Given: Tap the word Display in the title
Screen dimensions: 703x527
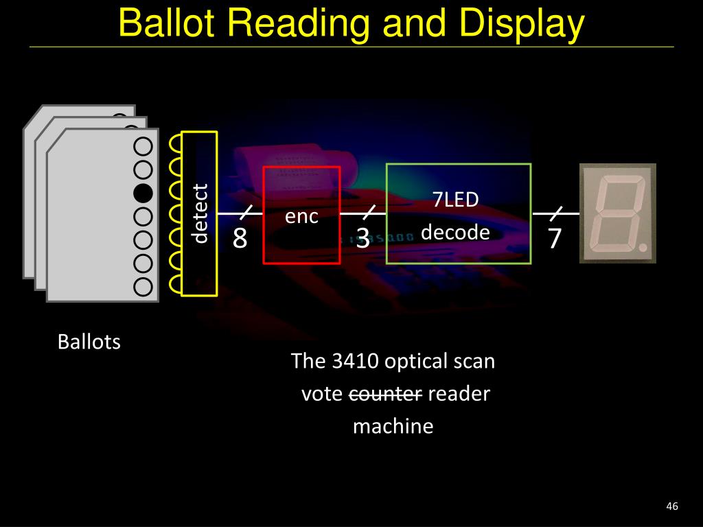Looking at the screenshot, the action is [x=522, y=23].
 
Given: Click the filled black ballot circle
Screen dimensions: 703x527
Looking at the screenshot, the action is [x=143, y=193].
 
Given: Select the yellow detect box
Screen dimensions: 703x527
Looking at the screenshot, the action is [x=199, y=213].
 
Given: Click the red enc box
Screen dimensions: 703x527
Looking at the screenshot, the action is [x=301, y=215].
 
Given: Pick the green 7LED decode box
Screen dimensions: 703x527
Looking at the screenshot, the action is [x=459, y=213].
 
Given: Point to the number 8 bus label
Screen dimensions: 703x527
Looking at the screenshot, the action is [x=240, y=239].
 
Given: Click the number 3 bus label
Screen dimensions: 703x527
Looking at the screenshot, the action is [x=363, y=239].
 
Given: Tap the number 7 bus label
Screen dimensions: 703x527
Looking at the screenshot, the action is [x=555, y=239].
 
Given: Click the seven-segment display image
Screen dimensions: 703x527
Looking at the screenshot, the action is [x=618, y=213].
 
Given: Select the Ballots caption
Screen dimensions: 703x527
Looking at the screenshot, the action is [x=89, y=342].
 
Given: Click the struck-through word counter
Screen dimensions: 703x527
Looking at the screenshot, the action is [x=386, y=394].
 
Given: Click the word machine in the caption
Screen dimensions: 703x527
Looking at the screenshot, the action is [x=393, y=426].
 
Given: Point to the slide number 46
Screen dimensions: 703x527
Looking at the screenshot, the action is [x=671, y=506].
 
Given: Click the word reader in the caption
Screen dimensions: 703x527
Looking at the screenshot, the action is [x=459, y=394].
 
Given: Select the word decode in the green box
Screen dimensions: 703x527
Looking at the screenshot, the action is [x=455, y=233].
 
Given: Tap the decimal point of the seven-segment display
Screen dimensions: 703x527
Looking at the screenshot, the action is [x=641, y=245].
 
